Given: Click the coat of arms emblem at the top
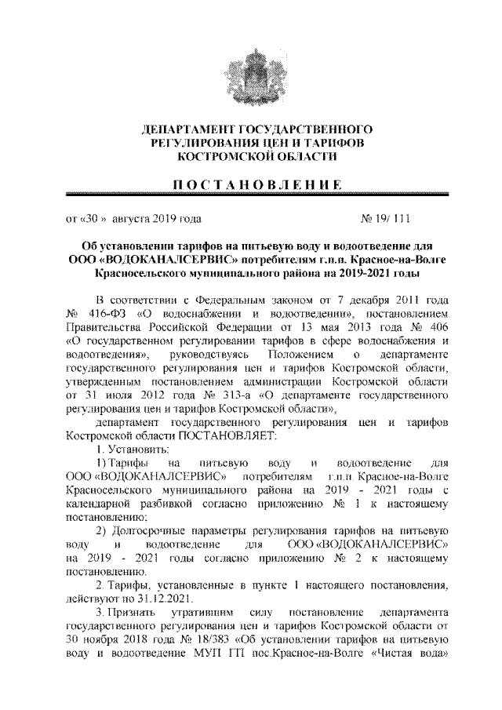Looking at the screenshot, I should coord(251,70).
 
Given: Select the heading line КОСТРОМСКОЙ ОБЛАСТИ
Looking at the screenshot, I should coord(251,156).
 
